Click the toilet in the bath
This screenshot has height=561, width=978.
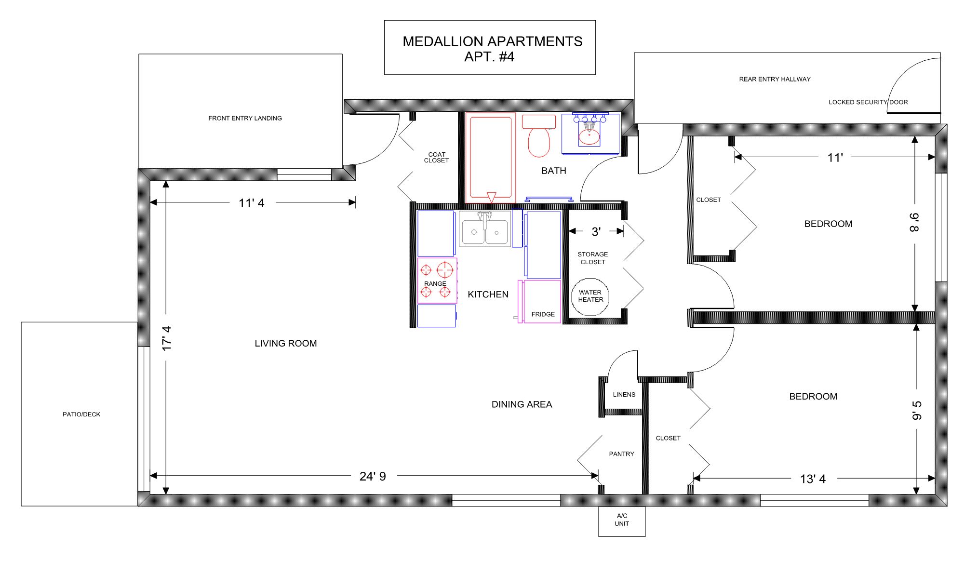pyautogui.click(x=539, y=136)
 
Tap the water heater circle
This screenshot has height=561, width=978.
pyautogui.click(x=590, y=297)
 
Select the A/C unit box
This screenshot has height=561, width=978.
pyautogui.click(x=622, y=521)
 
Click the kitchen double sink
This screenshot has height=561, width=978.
pyautogui.click(x=485, y=229)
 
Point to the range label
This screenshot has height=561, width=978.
pyautogui.click(x=435, y=283)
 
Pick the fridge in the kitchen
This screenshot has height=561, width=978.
pyautogui.click(x=540, y=301)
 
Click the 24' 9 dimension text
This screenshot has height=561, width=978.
pyautogui.click(x=373, y=476)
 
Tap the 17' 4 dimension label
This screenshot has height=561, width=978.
pyautogui.click(x=167, y=338)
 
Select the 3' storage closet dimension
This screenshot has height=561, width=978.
pyautogui.click(x=596, y=232)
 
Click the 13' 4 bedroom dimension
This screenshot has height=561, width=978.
pyautogui.click(x=813, y=479)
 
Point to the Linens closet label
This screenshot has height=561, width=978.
pyautogui.click(x=624, y=394)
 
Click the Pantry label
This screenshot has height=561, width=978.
pyautogui.click(x=621, y=454)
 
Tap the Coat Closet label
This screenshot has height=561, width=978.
pyautogui.click(x=436, y=158)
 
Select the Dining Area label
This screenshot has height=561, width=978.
pyautogui.click(x=522, y=404)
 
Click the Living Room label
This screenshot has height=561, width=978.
pyautogui.click(x=286, y=343)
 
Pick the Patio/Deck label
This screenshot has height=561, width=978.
pyautogui.click(x=81, y=414)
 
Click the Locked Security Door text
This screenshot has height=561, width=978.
pyautogui.click(x=868, y=102)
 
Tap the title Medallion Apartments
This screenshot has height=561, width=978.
pyautogui.click(x=493, y=41)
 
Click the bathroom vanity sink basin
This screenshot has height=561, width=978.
pyautogui.click(x=589, y=137)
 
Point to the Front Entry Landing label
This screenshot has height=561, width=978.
pyautogui.click(x=245, y=118)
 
